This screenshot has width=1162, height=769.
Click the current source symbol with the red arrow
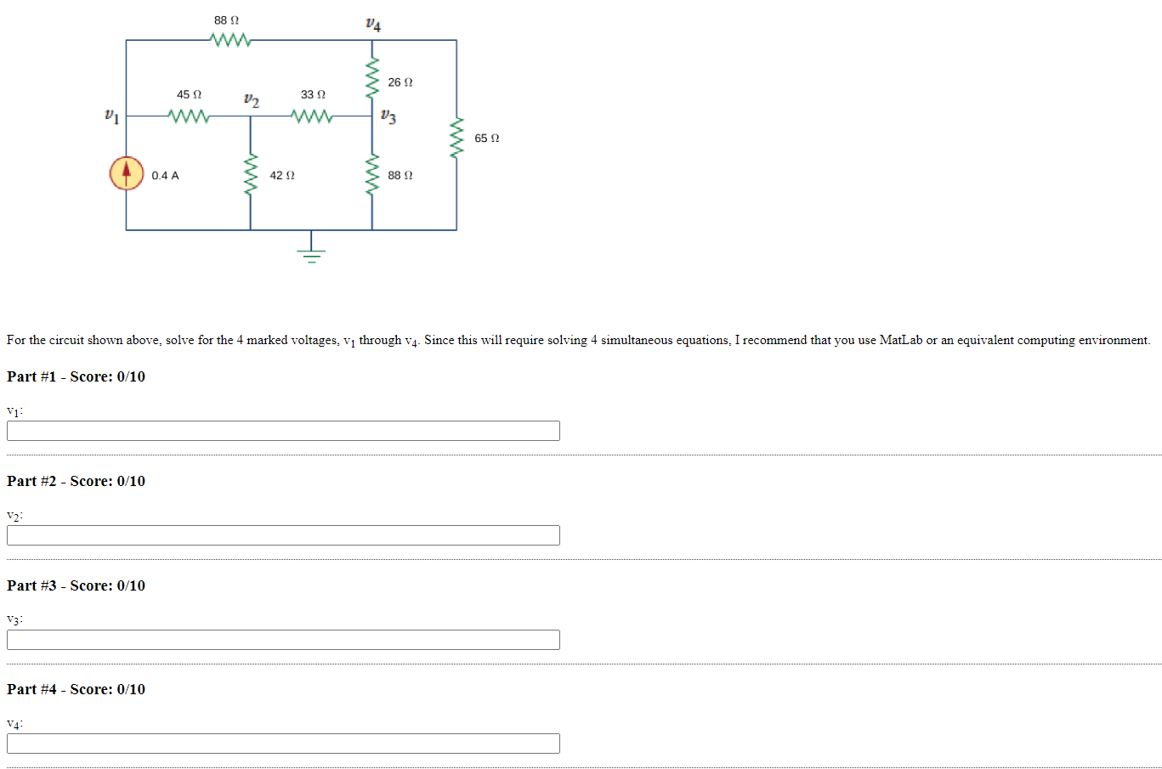click(127, 173)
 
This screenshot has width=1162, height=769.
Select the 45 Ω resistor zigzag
click(189, 116)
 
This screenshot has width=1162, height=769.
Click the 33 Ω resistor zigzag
click(312, 116)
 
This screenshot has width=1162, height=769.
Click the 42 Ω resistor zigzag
click(250, 175)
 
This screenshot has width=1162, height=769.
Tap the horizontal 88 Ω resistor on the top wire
click(230, 40)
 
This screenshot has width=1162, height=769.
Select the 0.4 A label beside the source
click(165, 176)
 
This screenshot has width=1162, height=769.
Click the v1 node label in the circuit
click(111, 115)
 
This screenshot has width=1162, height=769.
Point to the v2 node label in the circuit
click(251, 100)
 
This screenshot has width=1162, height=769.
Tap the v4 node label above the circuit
click(372, 24)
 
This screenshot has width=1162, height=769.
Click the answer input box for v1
click(283, 431)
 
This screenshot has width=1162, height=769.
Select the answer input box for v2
click(283, 535)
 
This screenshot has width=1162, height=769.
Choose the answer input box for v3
click(283, 640)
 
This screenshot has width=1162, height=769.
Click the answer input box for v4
click(283, 744)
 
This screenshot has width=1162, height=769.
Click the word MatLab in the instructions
click(900, 340)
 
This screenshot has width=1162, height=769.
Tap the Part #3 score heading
click(76, 585)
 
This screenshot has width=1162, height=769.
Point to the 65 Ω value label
click(486, 139)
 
